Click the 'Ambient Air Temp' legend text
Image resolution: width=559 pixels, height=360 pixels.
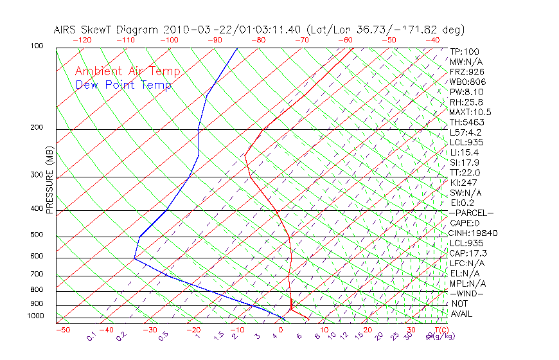pyautogui.click(x=127, y=71)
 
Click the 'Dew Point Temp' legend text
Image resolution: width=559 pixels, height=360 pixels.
pyautogui.click(x=123, y=85)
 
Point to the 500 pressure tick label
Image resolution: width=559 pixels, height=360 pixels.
pyautogui.click(x=37, y=235)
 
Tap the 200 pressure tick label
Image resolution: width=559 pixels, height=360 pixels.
pyautogui.click(x=37, y=128)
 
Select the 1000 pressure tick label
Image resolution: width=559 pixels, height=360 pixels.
pyautogui.click(x=36, y=316)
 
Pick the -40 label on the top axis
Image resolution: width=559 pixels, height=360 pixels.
pyautogui.click(x=433, y=40)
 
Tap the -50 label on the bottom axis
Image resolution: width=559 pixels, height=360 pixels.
pyautogui.click(x=63, y=330)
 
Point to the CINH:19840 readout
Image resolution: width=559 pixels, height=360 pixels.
pyautogui.click(x=473, y=233)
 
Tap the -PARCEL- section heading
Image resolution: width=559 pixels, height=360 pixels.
pyautogui.click(x=471, y=213)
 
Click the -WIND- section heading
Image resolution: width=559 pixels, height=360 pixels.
pyautogui.click(x=467, y=293)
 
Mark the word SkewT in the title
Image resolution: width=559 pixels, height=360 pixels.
pyautogui.click(x=124, y=30)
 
